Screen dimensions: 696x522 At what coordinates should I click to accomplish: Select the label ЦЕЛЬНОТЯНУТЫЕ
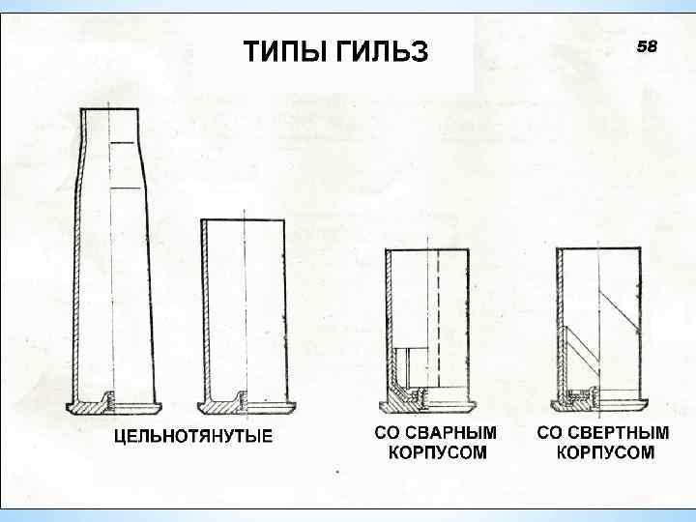(193, 436)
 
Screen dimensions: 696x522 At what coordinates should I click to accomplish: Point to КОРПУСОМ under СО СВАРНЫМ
(437, 451)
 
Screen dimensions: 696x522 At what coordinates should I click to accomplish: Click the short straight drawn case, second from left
(245, 309)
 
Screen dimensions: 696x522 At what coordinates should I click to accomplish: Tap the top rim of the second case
(245, 221)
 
